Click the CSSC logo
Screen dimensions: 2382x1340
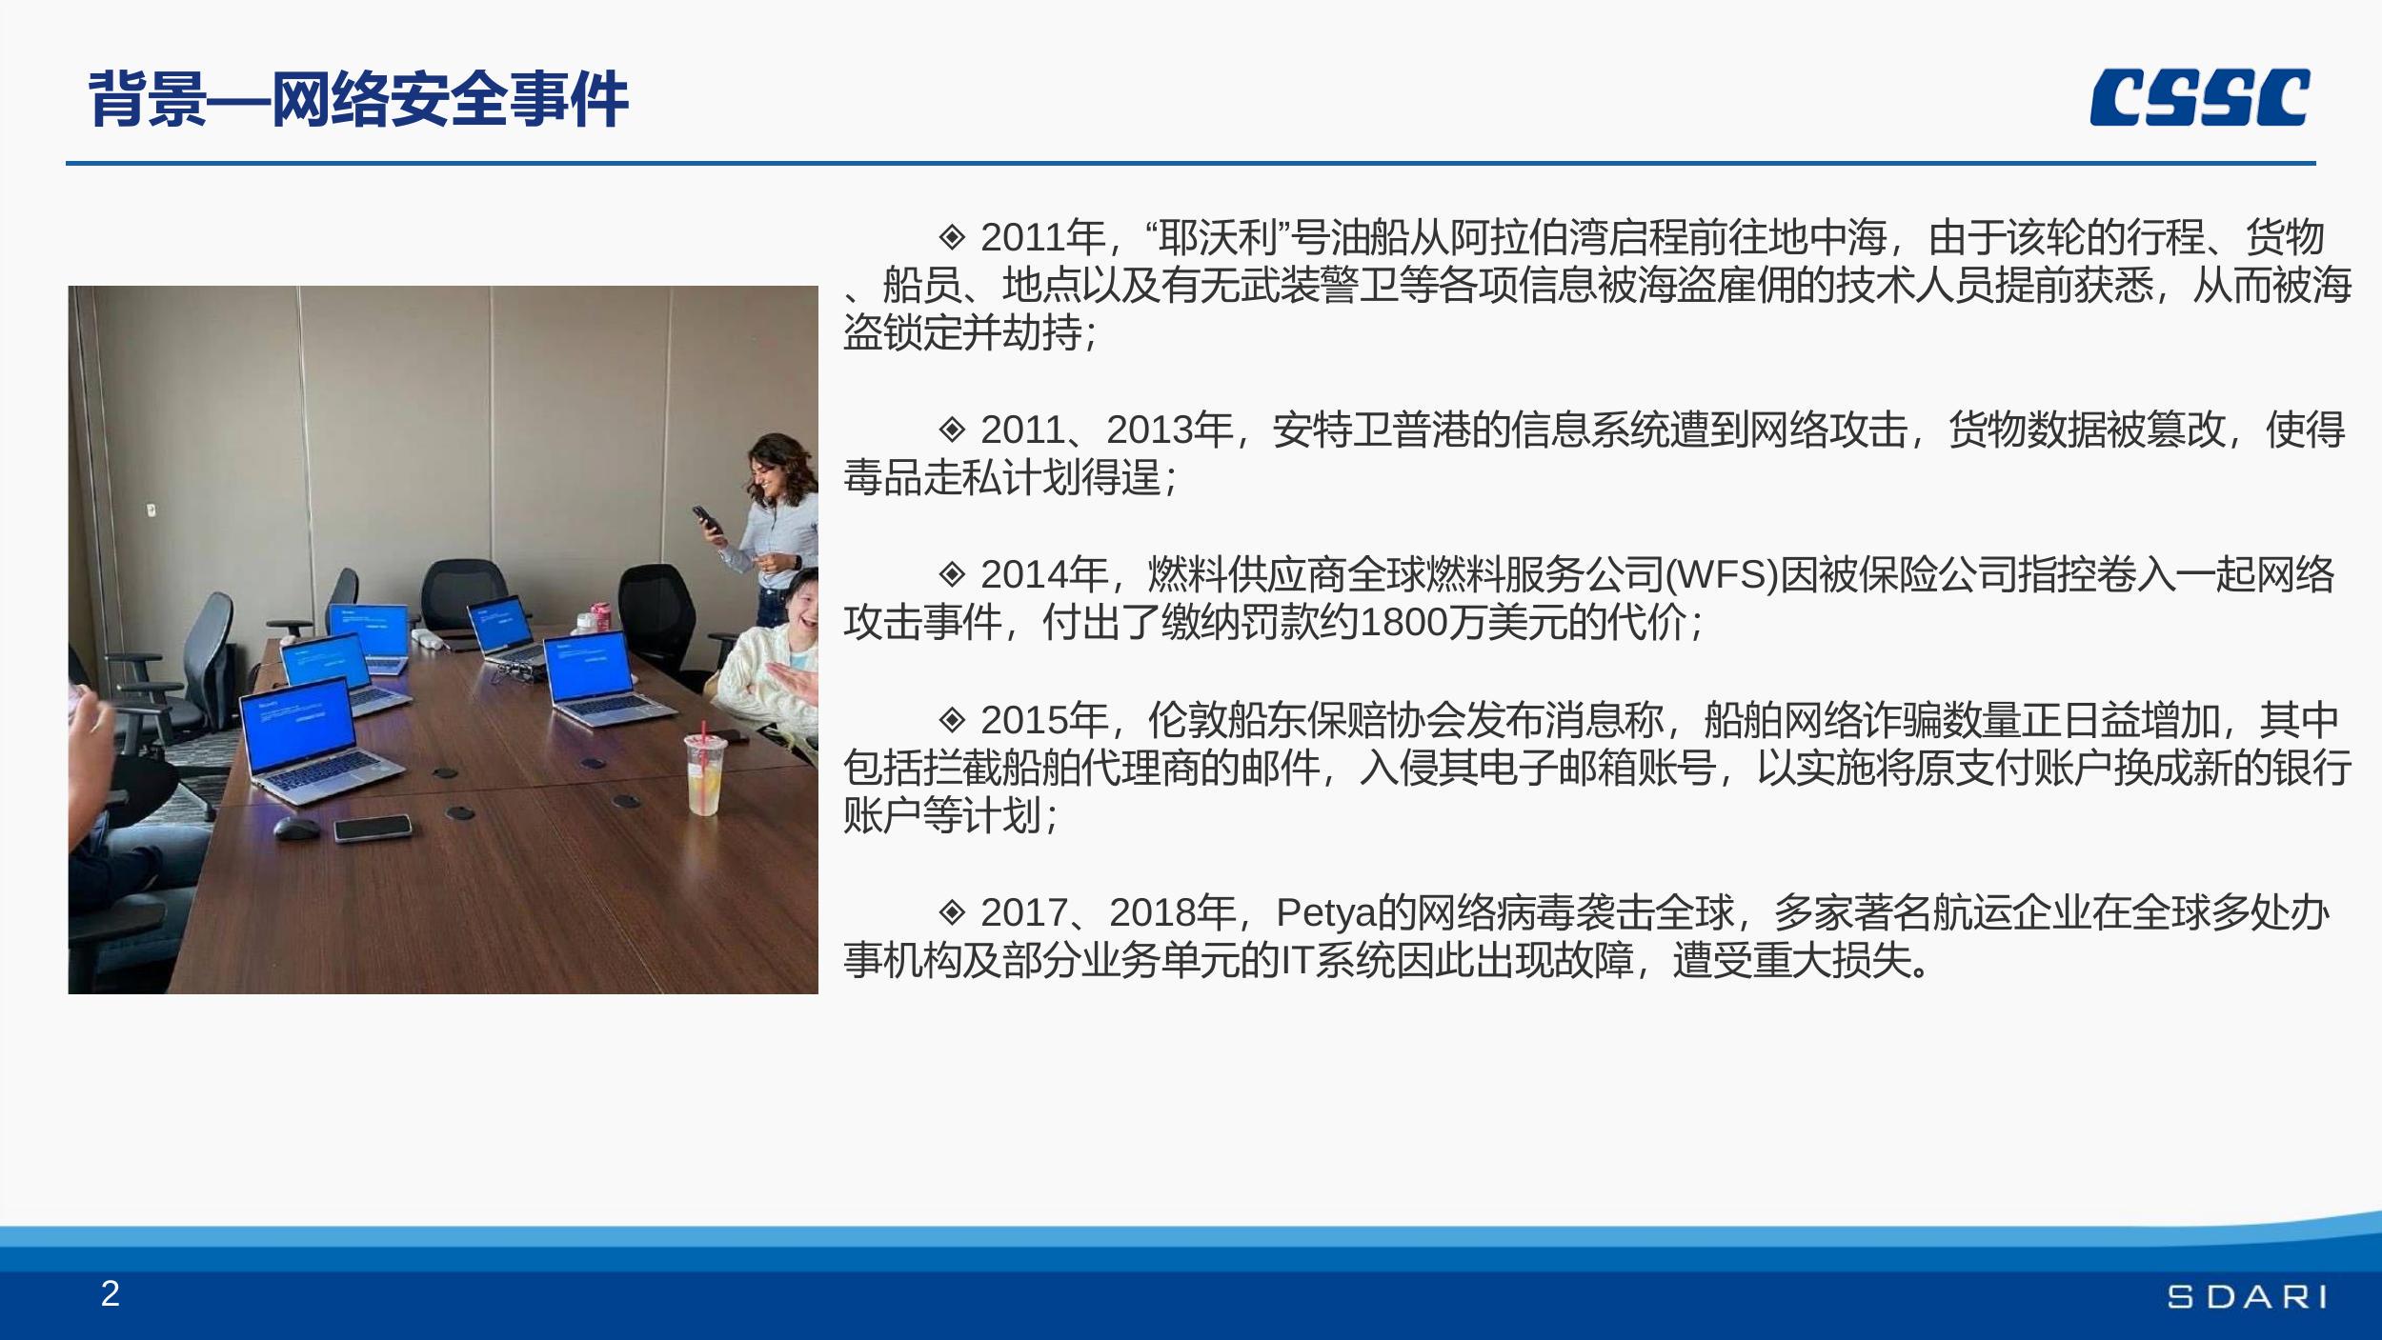point(2199,97)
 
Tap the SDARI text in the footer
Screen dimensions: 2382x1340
point(2246,1296)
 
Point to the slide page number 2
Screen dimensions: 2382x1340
point(111,1293)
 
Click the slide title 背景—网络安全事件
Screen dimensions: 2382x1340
point(358,99)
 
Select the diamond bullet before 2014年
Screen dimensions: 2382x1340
point(952,573)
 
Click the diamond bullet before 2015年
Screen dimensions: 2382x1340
point(952,718)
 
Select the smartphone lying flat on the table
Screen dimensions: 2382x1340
point(373,828)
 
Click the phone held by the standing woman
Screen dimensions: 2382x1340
point(707,517)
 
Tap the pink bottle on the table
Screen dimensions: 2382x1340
point(599,616)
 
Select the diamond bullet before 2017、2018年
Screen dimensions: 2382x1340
point(952,911)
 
